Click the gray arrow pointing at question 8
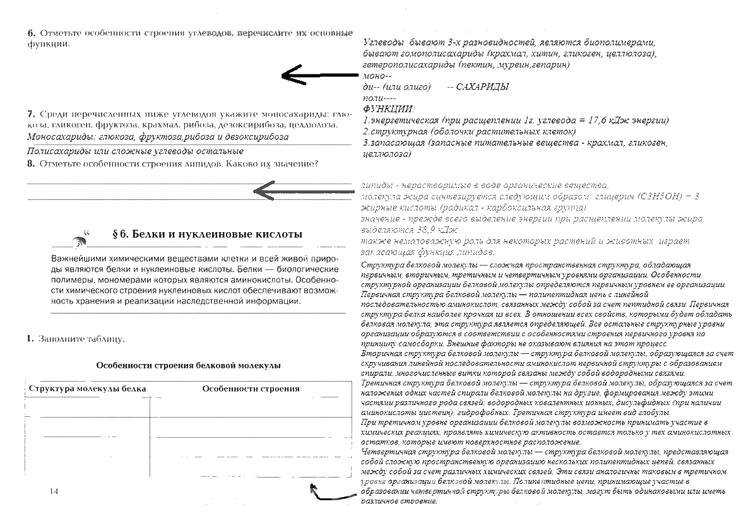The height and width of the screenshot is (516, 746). click(x=303, y=188)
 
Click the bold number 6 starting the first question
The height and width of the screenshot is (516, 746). click(x=30, y=32)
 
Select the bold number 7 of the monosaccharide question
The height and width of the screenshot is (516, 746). click(x=30, y=114)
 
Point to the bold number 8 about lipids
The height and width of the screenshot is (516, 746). click(x=30, y=163)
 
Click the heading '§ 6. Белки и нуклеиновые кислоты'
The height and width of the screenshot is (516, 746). click(x=206, y=234)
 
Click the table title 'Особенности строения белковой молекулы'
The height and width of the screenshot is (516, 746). click(x=188, y=365)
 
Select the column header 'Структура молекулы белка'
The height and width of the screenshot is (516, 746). click(x=87, y=389)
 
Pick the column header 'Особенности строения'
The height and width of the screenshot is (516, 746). click(x=251, y=389)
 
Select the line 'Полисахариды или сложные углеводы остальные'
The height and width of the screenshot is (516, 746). click(x=136, y=151)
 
